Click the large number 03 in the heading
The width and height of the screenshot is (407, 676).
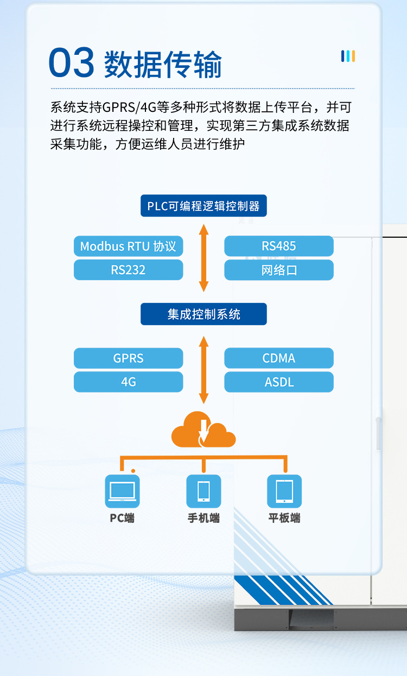[x=72, y=63]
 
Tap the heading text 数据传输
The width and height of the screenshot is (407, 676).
[x=163, y=65]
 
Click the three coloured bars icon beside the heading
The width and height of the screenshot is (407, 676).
[x=348, y=56]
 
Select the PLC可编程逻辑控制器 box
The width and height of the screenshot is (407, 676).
[x=203, y=206]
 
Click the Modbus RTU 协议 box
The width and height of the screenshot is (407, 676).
[x=128, y=246]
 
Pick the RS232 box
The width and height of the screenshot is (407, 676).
[x=128, y=270]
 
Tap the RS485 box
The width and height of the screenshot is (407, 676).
[x=279, y=246]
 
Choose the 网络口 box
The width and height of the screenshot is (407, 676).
[x=279, y=270]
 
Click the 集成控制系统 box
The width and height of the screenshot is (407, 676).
[x=203, y=314]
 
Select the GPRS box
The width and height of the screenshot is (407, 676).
[x=128, y=358]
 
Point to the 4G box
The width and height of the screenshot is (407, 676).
[x=128, y=382]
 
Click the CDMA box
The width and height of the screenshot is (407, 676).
[x=279, y=358]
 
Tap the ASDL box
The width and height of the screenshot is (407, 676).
[x=279, y=382]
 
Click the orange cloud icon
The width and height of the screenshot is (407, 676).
[x=203, y=429]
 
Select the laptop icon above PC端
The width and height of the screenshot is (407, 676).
[x=122, y=491]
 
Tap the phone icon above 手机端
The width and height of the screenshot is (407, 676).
[x=203, y=491]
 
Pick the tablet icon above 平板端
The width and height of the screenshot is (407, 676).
[x=284, y=491]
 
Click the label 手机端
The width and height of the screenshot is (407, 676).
[x=203, y=518]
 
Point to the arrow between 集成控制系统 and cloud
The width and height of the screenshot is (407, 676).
[x=203, y=369]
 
